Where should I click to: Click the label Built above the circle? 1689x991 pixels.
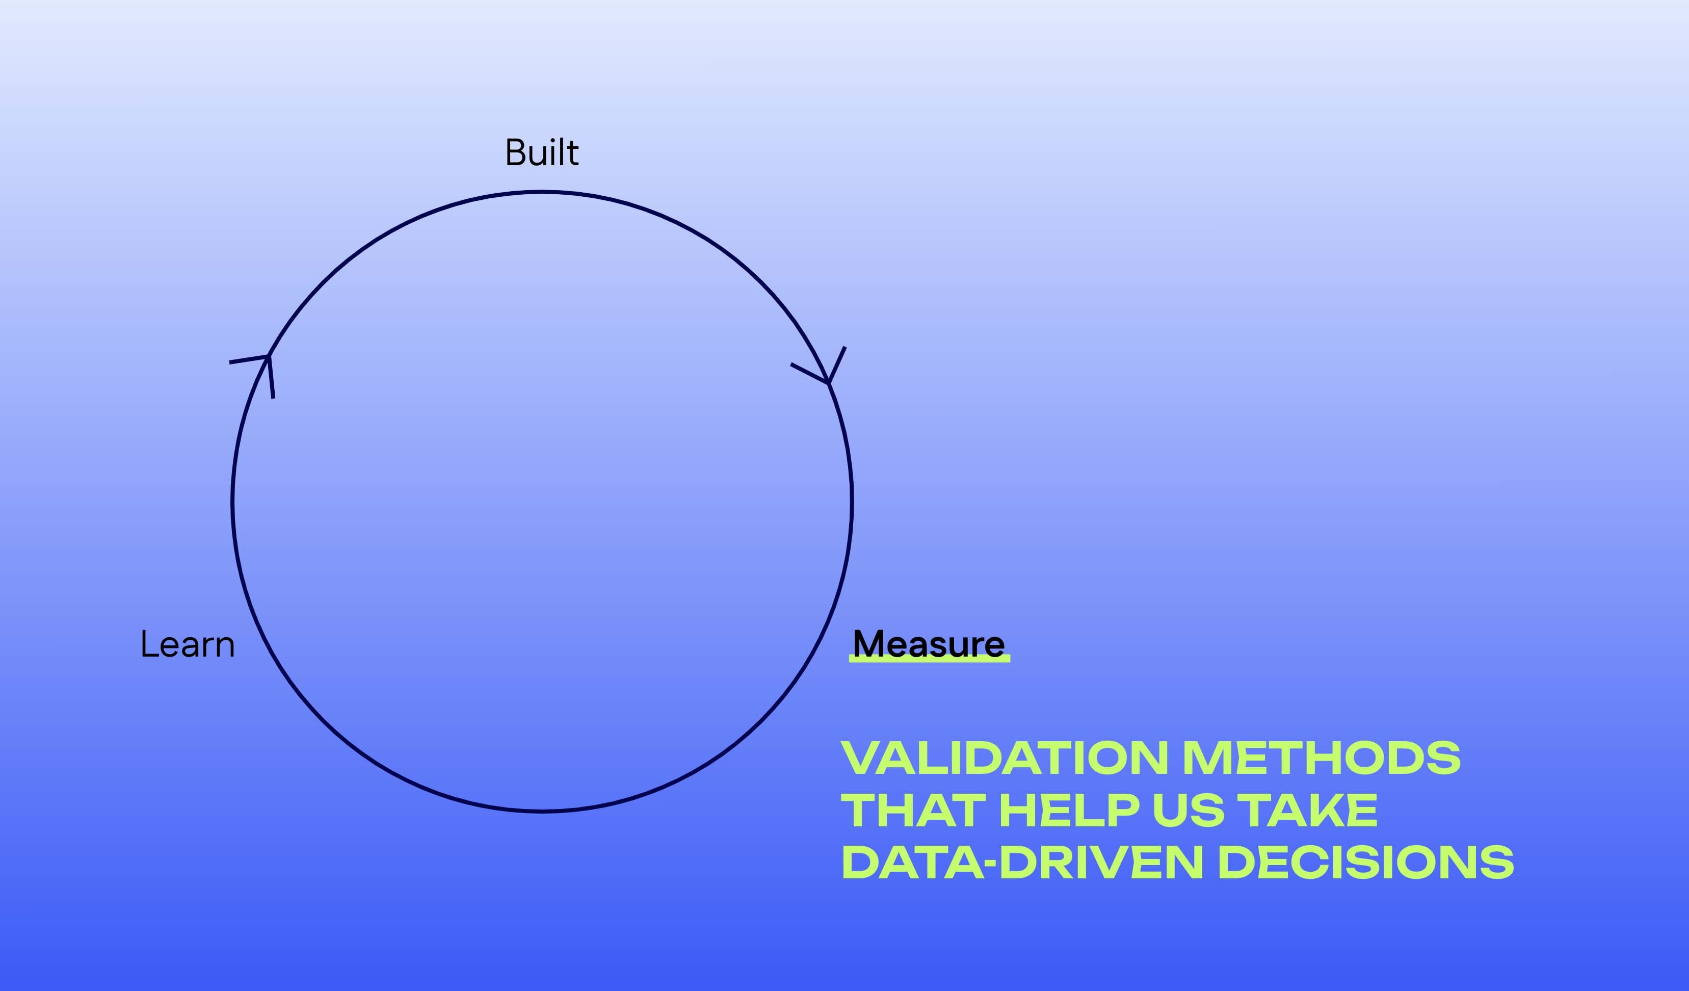(542, 152)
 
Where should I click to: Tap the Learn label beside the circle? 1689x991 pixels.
(188, 644)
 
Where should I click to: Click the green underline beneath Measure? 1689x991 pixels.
(929, 660)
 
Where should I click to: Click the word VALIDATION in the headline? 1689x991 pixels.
(1004, 759)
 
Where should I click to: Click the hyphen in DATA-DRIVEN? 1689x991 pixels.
(991, 865)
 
